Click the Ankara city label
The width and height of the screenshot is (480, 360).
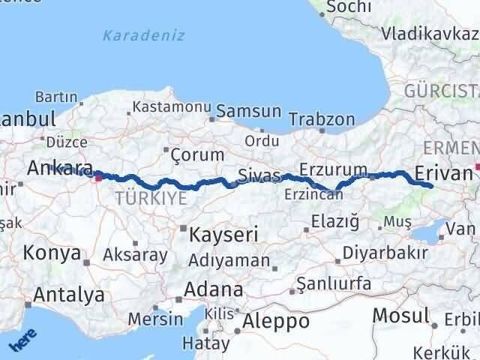(59, 167)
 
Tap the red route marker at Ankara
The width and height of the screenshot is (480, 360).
(98, 178)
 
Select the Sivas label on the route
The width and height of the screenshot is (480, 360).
(259, 175)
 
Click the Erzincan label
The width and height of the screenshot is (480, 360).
(313, 194)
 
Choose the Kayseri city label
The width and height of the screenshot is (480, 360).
(223, 234)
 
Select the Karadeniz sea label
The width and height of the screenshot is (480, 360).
(143, 35)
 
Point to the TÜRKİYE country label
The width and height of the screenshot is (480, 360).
(151, 198)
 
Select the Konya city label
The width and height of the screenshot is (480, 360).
(52, 253)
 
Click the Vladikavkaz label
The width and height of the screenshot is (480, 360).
(430, 34)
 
